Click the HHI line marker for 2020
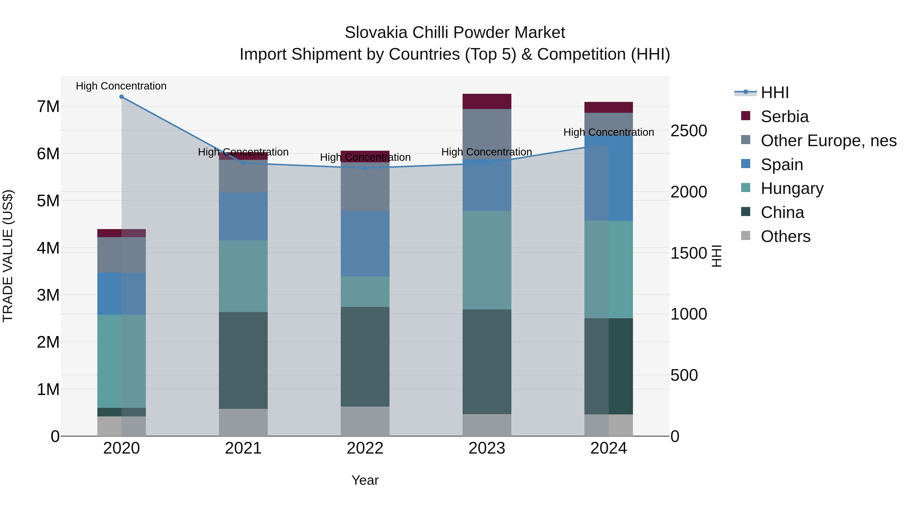coord(122,97)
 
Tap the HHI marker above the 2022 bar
coord(365,168)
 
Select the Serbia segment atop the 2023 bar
coord(487,101)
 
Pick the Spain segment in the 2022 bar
coord(365,244)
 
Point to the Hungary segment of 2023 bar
coord(487,260)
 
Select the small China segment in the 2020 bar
coord(122,412)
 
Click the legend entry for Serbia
coord(784,117)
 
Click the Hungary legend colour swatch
coord(745,188)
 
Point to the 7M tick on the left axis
coord(48,107)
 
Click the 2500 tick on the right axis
coord(689,131)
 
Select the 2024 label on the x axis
coord(608,448)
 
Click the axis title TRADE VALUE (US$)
coord(8,256)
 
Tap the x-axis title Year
coord(365,480)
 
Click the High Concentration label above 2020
coord(121,86)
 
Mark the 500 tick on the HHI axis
coord(684,375)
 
